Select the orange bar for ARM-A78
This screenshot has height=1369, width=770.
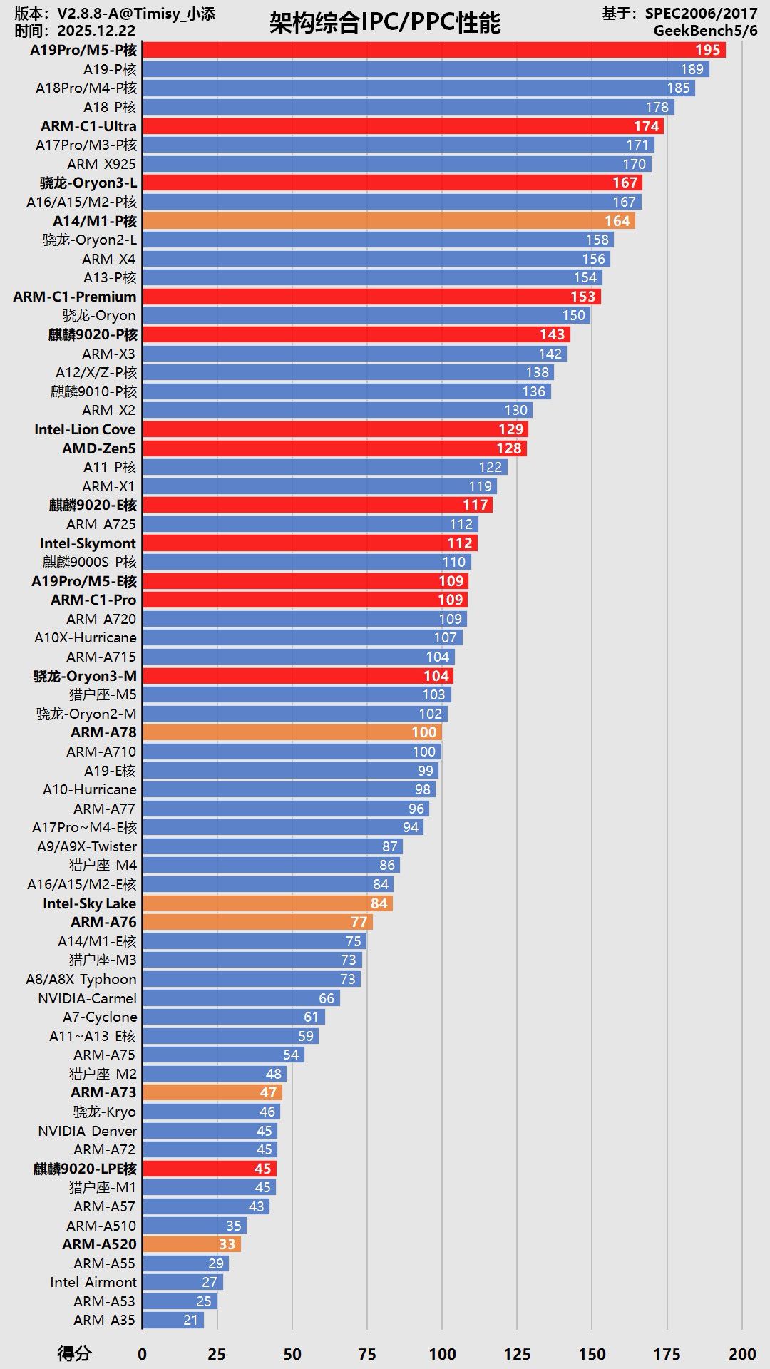click(292, 732)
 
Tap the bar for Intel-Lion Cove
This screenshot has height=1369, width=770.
click(335, 429)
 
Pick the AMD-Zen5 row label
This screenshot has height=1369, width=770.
click(98, 448)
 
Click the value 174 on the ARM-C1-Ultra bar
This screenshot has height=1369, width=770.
click(646, 126)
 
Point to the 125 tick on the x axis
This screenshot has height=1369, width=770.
click(517, 1354)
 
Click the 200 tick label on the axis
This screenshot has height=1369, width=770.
click(742, 1354)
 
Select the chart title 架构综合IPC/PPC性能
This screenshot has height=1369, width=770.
click(385, 23)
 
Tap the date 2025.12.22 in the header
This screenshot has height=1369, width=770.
click(96, 31)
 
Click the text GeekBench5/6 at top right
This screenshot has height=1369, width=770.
click(705, 31)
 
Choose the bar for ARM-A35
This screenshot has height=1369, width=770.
click(173, 1320)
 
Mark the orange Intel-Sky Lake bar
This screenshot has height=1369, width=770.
click(267, 903)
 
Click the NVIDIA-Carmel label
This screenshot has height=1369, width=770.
click(87, 998)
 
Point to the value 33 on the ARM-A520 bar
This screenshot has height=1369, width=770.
click(227, 1244)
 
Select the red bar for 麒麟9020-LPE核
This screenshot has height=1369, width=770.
click(210, 1169)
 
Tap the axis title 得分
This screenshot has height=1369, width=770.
click(74, 1354)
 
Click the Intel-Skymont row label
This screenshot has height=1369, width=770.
click(88, 543)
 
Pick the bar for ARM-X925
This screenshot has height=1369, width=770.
click(396, 164)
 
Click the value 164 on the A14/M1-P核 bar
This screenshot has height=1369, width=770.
click(617, 221)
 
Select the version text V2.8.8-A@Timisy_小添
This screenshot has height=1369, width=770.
click(135, 14)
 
